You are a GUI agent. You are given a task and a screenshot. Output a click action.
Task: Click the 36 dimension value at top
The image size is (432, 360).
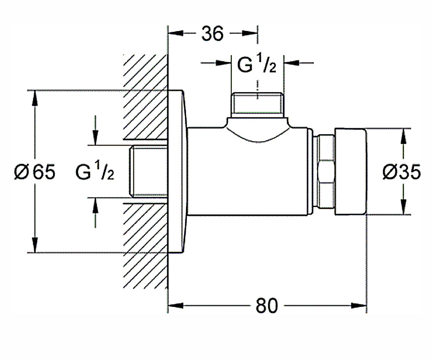tap(213, 33)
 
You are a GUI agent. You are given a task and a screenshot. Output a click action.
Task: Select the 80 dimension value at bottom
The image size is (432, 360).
tap(267, 306)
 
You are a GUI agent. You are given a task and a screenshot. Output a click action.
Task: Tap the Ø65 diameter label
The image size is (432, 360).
tap(35, 172)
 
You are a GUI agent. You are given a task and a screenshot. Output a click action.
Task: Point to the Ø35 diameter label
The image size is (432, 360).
tap(402, 172)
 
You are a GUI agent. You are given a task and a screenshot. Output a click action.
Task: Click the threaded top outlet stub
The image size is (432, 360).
tap(257, 105)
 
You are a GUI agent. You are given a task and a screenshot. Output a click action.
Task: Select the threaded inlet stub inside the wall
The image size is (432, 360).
tap(148, 171)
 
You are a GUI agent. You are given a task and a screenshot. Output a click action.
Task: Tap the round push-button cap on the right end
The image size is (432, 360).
tap(351, 171)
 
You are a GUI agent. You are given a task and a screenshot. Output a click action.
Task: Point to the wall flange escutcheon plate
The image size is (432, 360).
tap(177, 171)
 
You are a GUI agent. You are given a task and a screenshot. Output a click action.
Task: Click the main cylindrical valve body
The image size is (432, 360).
tap(247, 172)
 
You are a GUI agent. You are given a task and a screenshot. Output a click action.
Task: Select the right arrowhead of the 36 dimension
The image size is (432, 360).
tap(249, 33)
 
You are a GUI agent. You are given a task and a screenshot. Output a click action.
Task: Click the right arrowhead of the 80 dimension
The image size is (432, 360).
tap(359, 306)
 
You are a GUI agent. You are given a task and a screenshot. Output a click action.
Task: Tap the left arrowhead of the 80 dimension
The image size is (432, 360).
tap(176, 306)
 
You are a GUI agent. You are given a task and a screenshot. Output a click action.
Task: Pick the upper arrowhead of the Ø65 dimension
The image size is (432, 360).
tap(35, 98)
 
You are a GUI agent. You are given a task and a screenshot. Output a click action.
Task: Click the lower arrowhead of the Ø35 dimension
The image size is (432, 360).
tap(404, 207)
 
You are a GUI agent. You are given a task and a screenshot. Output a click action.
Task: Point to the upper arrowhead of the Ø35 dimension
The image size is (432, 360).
tap(404, 136)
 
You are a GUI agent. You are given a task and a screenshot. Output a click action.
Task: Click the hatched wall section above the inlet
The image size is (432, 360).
tap(145, 96)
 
